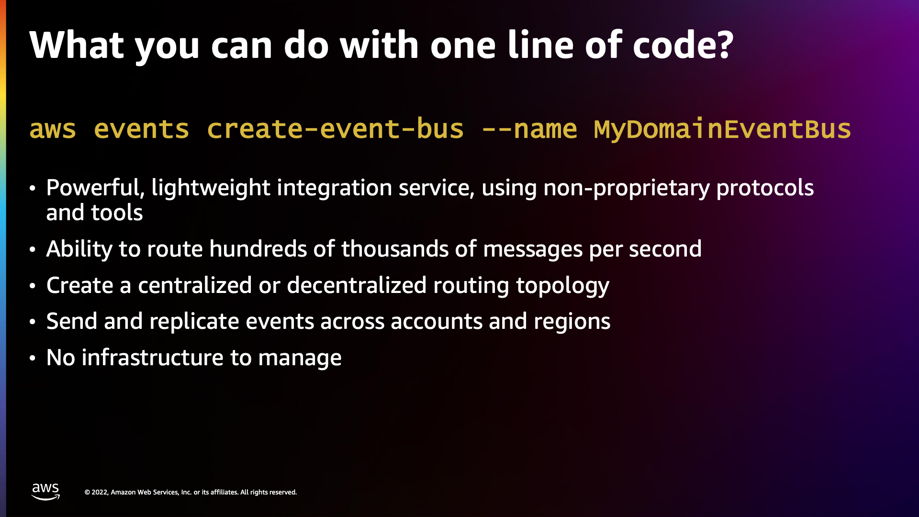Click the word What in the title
click(x=77, y=45)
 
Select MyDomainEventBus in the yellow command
click(x=722, y=129)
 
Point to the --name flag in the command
click(x=529, y=129)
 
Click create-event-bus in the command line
click(x=335, y=129)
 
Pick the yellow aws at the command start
click(x=53, y=129)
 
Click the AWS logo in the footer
click(x=45, y=492)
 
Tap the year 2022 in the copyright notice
click(x=100, y=492)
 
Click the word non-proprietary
click(x=627, y=188)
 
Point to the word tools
click(x=117, y=213)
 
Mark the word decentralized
click(x=357, y=285)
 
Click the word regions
click(x=572, y=322)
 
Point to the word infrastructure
click(x=153, y=358)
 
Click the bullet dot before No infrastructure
click(x=33, y=358)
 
